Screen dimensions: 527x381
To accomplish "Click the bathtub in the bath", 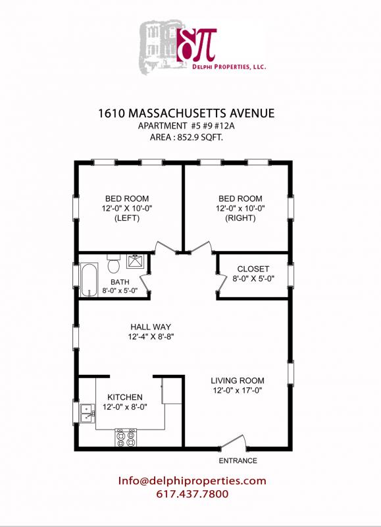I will click(x=90, y=277).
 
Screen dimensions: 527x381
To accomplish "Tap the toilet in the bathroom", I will click(x=114, y=265).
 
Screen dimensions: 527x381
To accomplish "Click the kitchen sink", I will click(x=87, y=413).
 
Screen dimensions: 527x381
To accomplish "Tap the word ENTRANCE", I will click(x=238, y=460).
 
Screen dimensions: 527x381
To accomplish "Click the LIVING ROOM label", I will click(x=238, y=380).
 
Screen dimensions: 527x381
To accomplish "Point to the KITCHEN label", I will click(x=125, y=397).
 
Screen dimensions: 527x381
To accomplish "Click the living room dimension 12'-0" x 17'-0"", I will click(x=238, y=391).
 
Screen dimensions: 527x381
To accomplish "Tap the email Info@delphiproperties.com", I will click(x=192, y=481).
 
